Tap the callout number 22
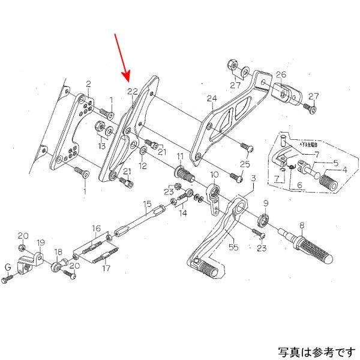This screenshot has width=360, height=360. click(133, 91)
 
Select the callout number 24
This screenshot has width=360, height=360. click(211, 98)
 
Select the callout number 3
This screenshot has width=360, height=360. click(253, 178)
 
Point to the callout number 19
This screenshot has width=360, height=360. click(41, 243)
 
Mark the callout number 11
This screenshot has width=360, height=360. click(179, 158)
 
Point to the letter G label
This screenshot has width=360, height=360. click(8, 267)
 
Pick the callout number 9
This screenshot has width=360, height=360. click(266, 203)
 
